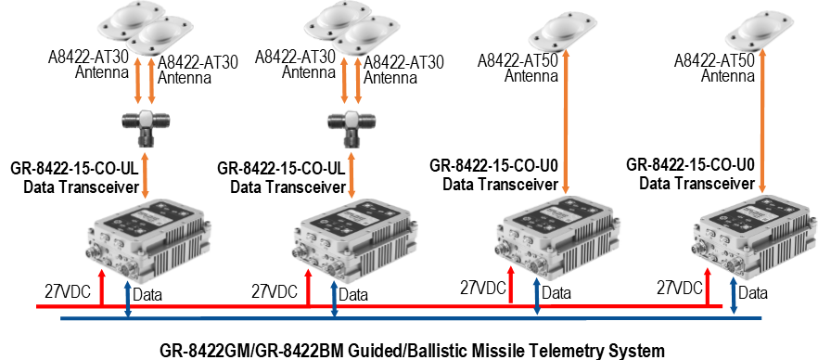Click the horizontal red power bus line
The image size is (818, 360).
(379, 306)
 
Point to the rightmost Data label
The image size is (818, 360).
(753, 292)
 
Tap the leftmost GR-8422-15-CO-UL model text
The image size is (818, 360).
(73, 170)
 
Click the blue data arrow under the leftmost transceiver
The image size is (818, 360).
(127, 300)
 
